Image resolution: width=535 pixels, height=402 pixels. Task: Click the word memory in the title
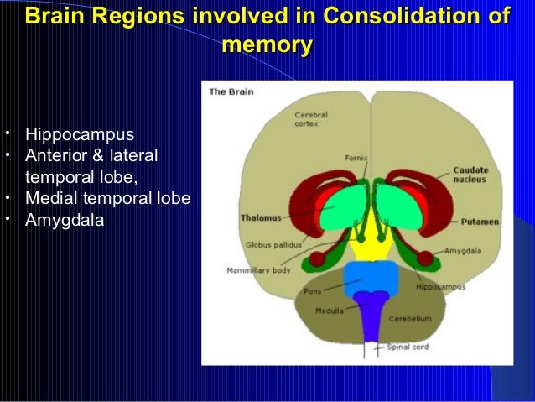[x=267, y=44]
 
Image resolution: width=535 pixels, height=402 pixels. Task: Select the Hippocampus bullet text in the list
[x=80, y=134]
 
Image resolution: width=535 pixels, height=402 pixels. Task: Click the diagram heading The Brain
[x=231, y=91]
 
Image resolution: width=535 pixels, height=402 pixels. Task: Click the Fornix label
[x=356, y=158]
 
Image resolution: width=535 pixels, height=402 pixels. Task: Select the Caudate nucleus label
[x=470, y=174]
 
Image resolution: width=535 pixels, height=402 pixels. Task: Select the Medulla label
[x=329, y=310]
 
